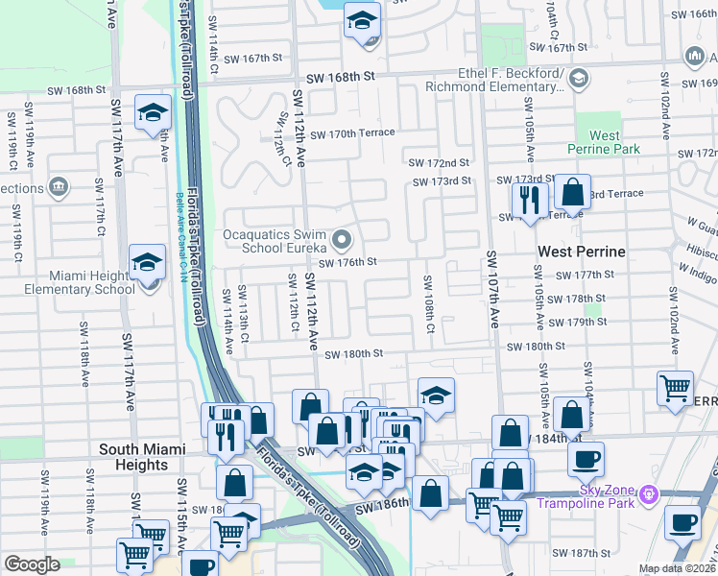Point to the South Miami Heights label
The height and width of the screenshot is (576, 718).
134,457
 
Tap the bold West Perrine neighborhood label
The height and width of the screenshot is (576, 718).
581,252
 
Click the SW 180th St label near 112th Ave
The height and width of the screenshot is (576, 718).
353,354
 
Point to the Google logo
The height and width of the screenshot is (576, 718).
32,564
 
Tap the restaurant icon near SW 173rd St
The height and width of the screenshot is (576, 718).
529,200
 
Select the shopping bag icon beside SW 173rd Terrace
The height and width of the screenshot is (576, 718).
573,193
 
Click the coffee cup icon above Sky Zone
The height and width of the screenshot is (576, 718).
586,458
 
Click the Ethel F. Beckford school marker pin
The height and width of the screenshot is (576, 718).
578,80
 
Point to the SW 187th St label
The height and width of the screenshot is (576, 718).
583,553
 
